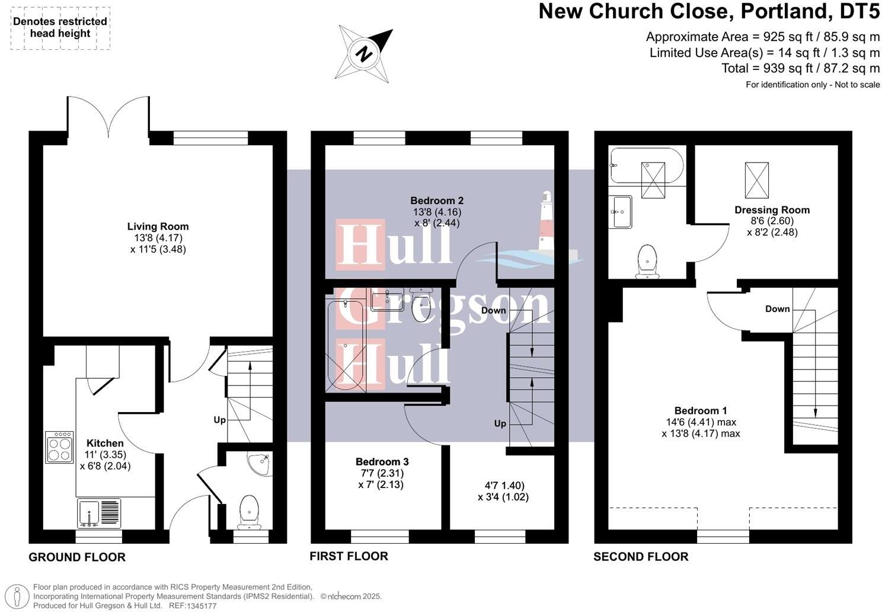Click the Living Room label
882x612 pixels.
[158, 227]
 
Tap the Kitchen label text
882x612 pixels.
[105, 443]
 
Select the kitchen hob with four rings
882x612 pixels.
[59, 447]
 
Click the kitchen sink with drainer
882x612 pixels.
[99, 513]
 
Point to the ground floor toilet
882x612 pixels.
[249, 512]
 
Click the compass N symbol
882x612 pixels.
[363, 54]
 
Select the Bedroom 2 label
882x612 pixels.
[437, 200]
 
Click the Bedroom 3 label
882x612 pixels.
[382, 461]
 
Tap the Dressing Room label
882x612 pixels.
[772, 210]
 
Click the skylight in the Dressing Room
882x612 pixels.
[756, 181]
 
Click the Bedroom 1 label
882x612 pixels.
[701, 410]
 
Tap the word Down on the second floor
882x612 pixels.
[777, 309]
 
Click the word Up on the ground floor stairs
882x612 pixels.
[219, 420]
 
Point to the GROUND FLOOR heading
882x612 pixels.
[77, 557]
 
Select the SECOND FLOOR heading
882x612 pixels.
[641, 557]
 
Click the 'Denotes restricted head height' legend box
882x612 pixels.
[60, 28]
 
